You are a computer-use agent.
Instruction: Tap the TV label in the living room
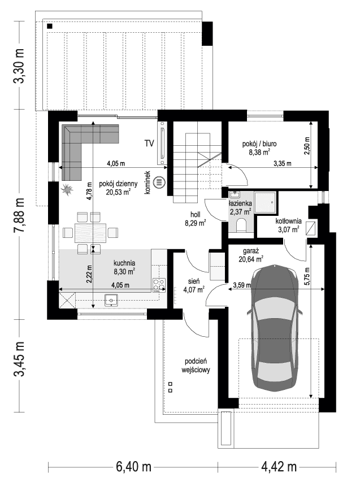tap(149, 142)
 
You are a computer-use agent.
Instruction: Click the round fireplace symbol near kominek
tap(160, 183)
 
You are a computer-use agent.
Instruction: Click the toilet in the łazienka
tap(241, 227)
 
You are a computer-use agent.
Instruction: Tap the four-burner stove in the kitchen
tap(159, 285)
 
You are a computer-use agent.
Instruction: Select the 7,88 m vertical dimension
tap(20, 215)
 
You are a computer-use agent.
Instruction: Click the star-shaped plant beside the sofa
tap(67, 189)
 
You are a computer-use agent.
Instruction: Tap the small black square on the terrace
tap(50, 26)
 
